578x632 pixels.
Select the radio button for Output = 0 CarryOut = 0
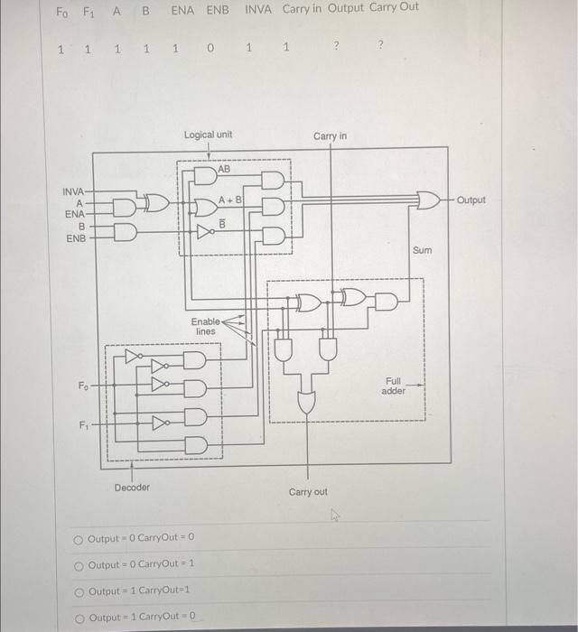click(79, 539)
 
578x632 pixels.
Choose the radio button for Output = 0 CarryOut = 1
click(79, 564)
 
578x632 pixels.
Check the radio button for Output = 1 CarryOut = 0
click(79, 618)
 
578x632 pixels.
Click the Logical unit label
click(208, 135)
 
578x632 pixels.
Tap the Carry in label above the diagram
click(330, 135)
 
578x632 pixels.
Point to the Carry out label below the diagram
click(308, 492)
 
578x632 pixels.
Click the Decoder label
click(133, 488)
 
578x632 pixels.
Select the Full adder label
click(393, 386)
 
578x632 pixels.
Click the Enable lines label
click(205, 327)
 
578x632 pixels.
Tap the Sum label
click(422, 250)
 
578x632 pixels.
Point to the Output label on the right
click(471, 200)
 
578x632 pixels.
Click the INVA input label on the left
click(73, 191)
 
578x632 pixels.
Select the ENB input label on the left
click(74, 239)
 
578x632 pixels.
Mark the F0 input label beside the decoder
click(83, 386)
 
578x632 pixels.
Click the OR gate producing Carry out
click(307, 401)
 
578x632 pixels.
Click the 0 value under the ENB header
click(210, 49)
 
